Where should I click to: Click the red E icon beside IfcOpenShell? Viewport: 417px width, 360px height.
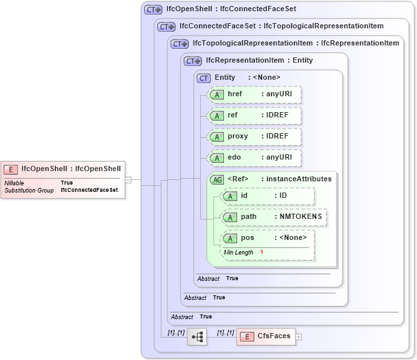coord(12,168)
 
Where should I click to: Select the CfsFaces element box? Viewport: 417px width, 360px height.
coord(266,336)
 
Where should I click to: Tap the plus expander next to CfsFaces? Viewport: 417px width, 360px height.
coord(299,336)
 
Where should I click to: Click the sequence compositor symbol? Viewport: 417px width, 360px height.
coord(196,337)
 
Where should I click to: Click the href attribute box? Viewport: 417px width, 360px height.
coord(254,94)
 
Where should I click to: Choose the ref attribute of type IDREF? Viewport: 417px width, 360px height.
coord(254,115)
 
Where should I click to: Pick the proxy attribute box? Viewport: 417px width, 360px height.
coord(254,136)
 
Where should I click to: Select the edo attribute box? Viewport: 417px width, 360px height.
coord(254,158)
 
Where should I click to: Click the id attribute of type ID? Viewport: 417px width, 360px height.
coord(267,196)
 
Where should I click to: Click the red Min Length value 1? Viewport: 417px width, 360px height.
coord(262,253)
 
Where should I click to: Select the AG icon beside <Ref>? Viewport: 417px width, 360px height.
coord(216,179)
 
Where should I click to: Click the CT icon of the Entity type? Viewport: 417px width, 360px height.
coord(204,78)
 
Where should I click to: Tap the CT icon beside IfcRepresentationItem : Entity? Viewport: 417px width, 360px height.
coord(193,61)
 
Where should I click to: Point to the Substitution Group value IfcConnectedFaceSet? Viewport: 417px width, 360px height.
coord(89,190)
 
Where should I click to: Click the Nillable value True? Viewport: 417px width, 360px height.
coord(67,183)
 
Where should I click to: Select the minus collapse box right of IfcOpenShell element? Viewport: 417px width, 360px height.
coord(128,179)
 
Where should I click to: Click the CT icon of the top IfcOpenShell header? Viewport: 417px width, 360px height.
coord(153,10)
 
